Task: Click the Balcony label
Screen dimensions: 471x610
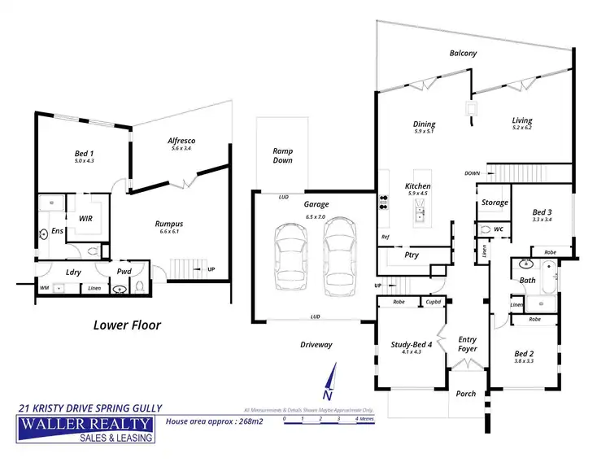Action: click(x=463, y=53)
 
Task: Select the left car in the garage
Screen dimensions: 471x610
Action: click(x=292, y=258)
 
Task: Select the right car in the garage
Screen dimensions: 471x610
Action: click(x=338, y=258)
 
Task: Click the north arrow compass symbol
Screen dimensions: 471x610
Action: click(x=328, y=382)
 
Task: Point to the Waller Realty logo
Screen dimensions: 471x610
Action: click(x=85, y=430)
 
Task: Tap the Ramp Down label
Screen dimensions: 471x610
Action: click(x=282, y=156)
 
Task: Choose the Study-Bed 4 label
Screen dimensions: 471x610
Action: click(x=410, y=347)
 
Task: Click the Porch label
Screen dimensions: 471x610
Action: click(x=467, y=394)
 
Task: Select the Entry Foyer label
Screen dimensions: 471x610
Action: click(x=467, y=344)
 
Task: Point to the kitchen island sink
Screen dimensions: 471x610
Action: click(x=420, y=215)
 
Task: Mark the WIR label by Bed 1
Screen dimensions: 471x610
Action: click(x=84, y=219)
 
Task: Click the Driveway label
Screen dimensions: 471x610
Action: click(x=316, y=344)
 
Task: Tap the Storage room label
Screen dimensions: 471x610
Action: click(x=495, y=203)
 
